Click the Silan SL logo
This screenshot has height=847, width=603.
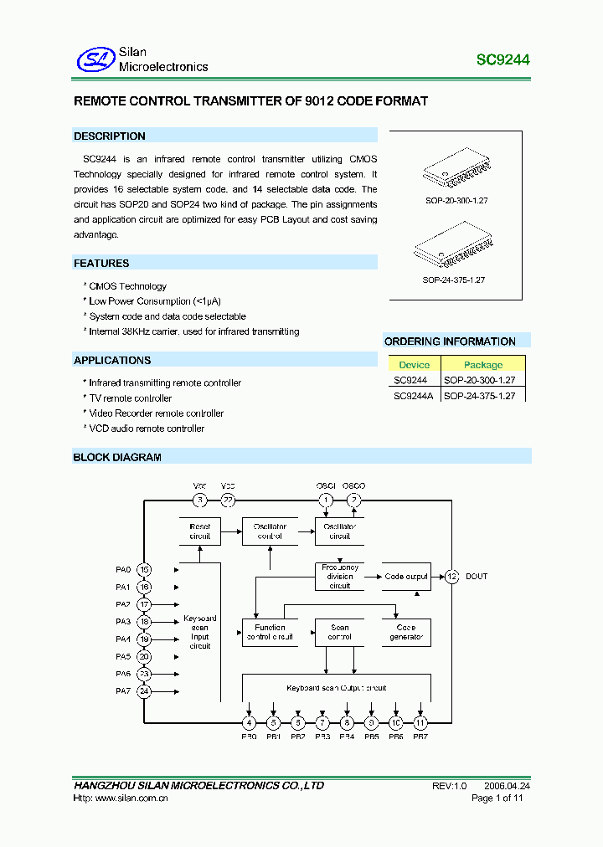(95, 59)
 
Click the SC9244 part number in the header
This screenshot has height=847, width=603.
(502, 60)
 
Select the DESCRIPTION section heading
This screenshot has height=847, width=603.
(110, 136)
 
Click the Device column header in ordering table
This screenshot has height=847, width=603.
(414, 365)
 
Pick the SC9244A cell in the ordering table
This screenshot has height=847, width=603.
(413, 396)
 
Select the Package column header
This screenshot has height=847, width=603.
(483, 365)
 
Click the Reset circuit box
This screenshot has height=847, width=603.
(200, 531)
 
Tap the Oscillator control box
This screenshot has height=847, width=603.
(270, 531)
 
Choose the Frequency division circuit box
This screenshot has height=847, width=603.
(340, 577)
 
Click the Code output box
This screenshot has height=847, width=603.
(406, 577)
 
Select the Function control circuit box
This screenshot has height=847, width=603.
(270, 632)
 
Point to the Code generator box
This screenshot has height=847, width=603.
(406, 632)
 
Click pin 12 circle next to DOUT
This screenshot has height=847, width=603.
(452, 576)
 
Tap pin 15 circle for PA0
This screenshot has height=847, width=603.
(145, 570)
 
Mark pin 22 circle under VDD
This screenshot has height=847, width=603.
(228, 501)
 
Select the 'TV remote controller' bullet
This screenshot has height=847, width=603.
(130, 398)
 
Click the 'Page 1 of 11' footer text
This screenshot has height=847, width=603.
(497, 798)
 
